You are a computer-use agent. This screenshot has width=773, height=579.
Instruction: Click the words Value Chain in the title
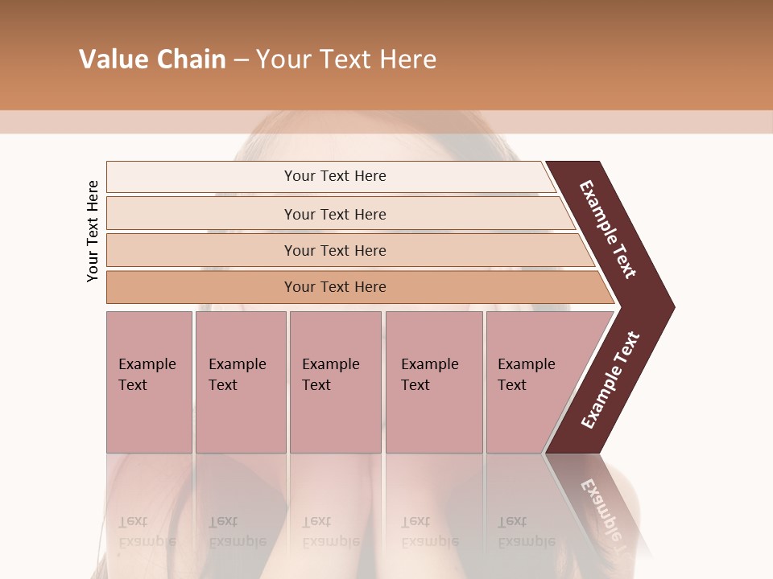click(152, 60)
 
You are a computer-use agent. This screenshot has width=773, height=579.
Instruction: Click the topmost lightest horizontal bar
click(201, 176)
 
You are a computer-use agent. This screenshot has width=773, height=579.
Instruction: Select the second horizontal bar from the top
click(201, 214)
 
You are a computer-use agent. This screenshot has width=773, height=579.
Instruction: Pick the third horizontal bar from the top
click(201, 250)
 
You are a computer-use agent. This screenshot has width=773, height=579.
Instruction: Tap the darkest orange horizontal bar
click(201, 287)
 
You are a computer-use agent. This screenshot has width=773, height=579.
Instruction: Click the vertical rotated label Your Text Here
click(93, 231)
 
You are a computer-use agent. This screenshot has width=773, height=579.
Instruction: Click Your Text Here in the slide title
click(346, 60)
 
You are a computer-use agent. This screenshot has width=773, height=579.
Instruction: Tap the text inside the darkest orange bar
click(335, 287)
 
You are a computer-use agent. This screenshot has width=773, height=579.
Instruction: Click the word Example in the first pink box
click(147, 364)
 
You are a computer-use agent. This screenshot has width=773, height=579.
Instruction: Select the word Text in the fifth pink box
click(512, 385)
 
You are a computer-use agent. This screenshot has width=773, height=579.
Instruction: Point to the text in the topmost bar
click(335, 176)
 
